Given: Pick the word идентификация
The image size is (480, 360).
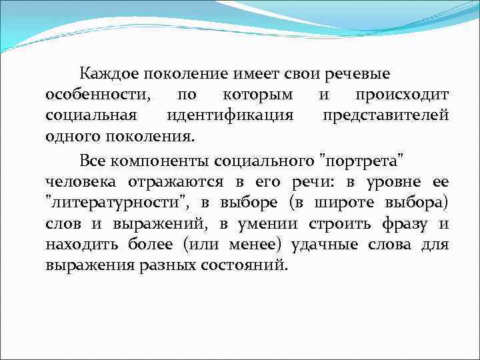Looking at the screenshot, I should tap(230, 115).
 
